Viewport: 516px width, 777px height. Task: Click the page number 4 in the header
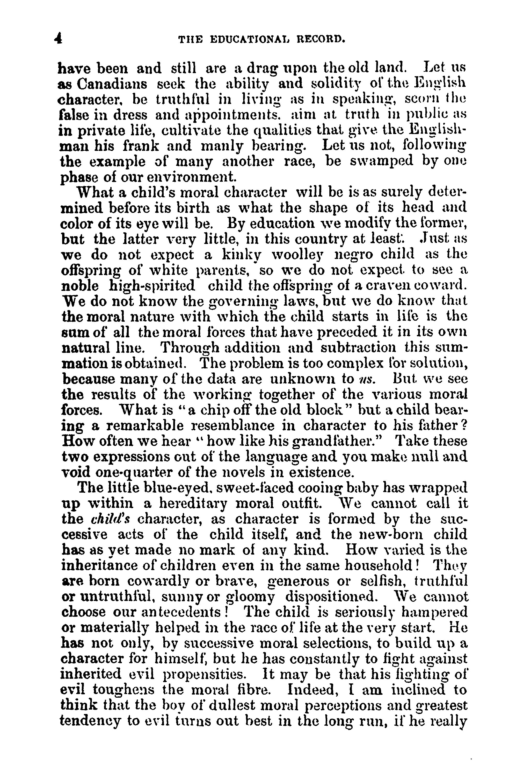tap(58, 40)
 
